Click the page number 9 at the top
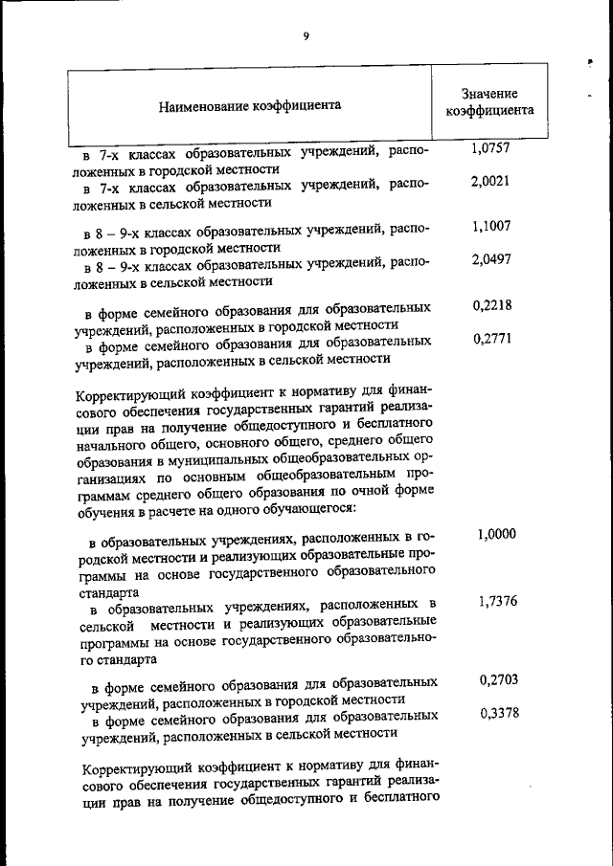(x=306, y=35)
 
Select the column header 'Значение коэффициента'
(x=489, y=102)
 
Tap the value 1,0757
(x=490, y=148)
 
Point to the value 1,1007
(x=490, y=227)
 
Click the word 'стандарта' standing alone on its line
(x=108, y=592)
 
